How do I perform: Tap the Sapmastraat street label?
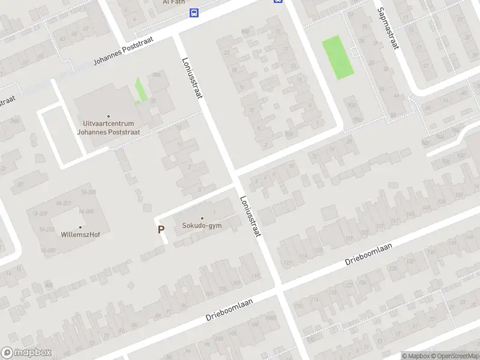point(387,28)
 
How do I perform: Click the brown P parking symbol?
point(161,229)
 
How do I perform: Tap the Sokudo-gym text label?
point(202,226)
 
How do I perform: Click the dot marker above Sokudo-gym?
point(202,218)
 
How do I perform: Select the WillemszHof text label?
point(80,235)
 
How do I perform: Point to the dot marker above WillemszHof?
point(80,227)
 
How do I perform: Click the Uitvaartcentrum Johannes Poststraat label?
point(109,127)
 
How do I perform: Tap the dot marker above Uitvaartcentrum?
point(109,116)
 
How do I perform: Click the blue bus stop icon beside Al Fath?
point(194,13)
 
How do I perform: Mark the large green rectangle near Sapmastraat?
point(338,57)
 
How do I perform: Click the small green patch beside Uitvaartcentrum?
point(140,91)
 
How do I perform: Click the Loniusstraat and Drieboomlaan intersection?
point(280,289)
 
